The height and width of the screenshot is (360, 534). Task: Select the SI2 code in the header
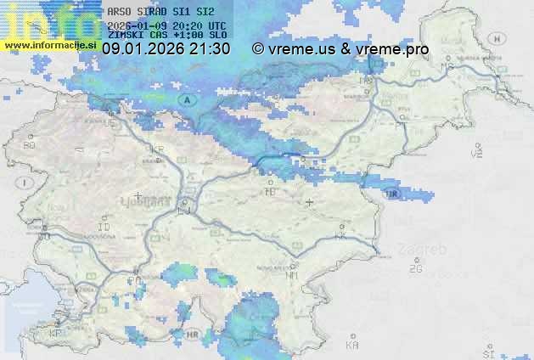point(205,12)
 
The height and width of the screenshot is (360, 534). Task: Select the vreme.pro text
point(392,49)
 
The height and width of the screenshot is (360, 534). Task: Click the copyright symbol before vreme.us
point(258,49)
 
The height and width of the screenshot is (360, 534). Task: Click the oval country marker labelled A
point(188,100)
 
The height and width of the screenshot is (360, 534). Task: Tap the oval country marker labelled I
point(26,183)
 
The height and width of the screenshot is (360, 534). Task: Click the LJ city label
point(184,211)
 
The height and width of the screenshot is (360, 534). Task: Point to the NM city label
point(293,276)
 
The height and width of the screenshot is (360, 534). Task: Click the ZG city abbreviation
point(415,269)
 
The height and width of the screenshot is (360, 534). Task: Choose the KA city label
point(352,345)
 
